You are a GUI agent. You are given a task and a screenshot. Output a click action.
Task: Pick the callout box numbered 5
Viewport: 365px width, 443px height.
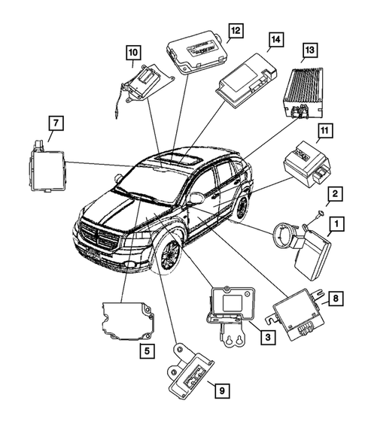coord(145,350)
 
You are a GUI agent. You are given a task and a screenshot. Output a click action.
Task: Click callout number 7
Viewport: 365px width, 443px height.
coord(55,122)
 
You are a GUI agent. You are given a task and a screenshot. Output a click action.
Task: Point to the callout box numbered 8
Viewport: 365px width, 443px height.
coord(337,298)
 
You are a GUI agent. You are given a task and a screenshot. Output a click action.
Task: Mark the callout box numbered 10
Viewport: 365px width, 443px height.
coord(132,52)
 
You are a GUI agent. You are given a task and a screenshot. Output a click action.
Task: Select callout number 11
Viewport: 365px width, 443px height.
coord(324,134)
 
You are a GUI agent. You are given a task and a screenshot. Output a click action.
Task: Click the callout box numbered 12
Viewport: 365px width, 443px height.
coord(235,30)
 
